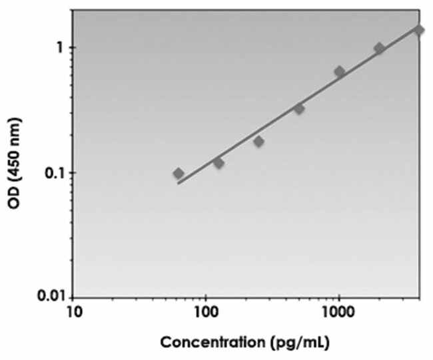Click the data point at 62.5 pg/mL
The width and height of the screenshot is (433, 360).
pos(178,174)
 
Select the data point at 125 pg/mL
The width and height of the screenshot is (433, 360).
pos(218,162)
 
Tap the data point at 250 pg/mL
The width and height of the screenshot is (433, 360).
pos(258,141)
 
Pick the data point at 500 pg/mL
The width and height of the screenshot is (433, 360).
pos(299,108)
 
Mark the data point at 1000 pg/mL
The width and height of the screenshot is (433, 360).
pos(339,71)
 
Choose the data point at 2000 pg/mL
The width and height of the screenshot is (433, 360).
pos(379,48)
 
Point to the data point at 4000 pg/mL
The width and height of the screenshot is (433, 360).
pos(418,30)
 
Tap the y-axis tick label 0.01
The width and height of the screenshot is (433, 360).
pos(50,295)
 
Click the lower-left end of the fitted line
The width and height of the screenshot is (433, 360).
pos(178,182)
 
